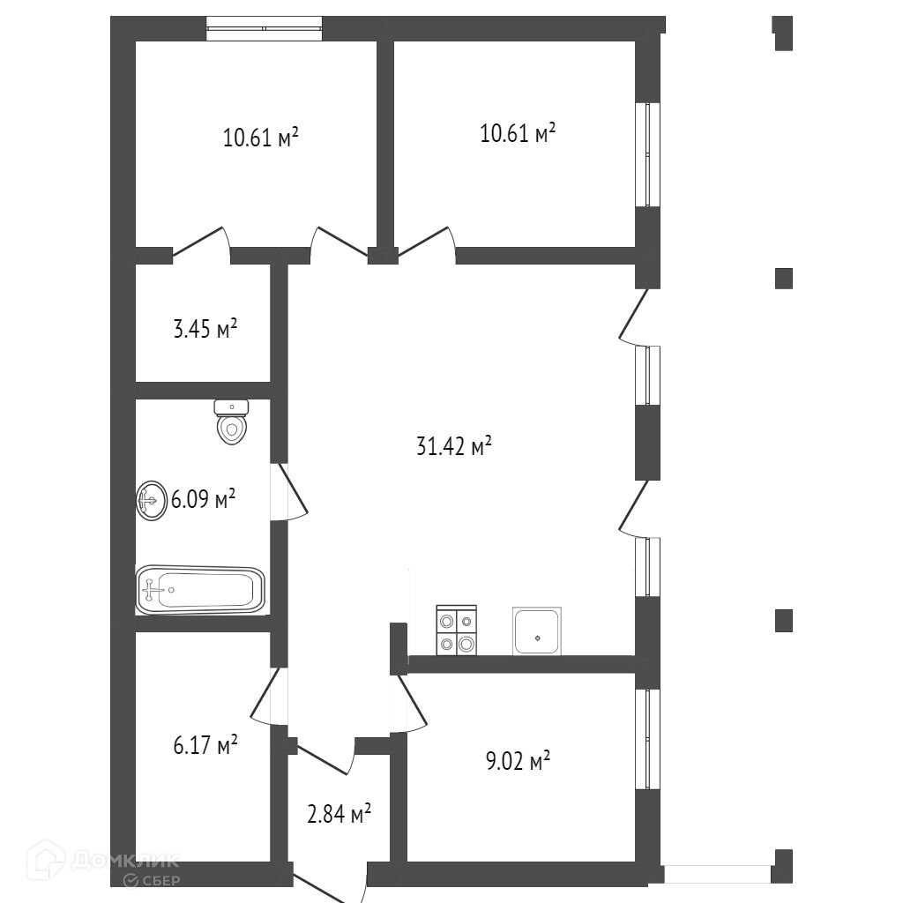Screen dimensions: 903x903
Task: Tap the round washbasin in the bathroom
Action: point(151,501)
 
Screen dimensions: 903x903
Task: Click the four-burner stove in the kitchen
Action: point(456,631)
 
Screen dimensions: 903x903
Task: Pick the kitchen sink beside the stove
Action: point(537,631)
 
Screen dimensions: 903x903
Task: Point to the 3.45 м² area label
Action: point(205,331)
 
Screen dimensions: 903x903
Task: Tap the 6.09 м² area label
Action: point(204,501)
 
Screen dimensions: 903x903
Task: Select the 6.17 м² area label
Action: point(205,746)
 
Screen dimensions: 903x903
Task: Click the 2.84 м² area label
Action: point(338,814)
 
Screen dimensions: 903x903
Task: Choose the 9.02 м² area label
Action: point(519,761)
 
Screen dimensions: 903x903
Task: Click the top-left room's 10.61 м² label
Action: point(260,138)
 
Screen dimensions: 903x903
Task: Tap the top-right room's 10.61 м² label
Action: point(518,134)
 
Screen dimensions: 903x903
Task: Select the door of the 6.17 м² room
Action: point(270,697)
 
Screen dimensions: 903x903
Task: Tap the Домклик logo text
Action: point(123,860)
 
